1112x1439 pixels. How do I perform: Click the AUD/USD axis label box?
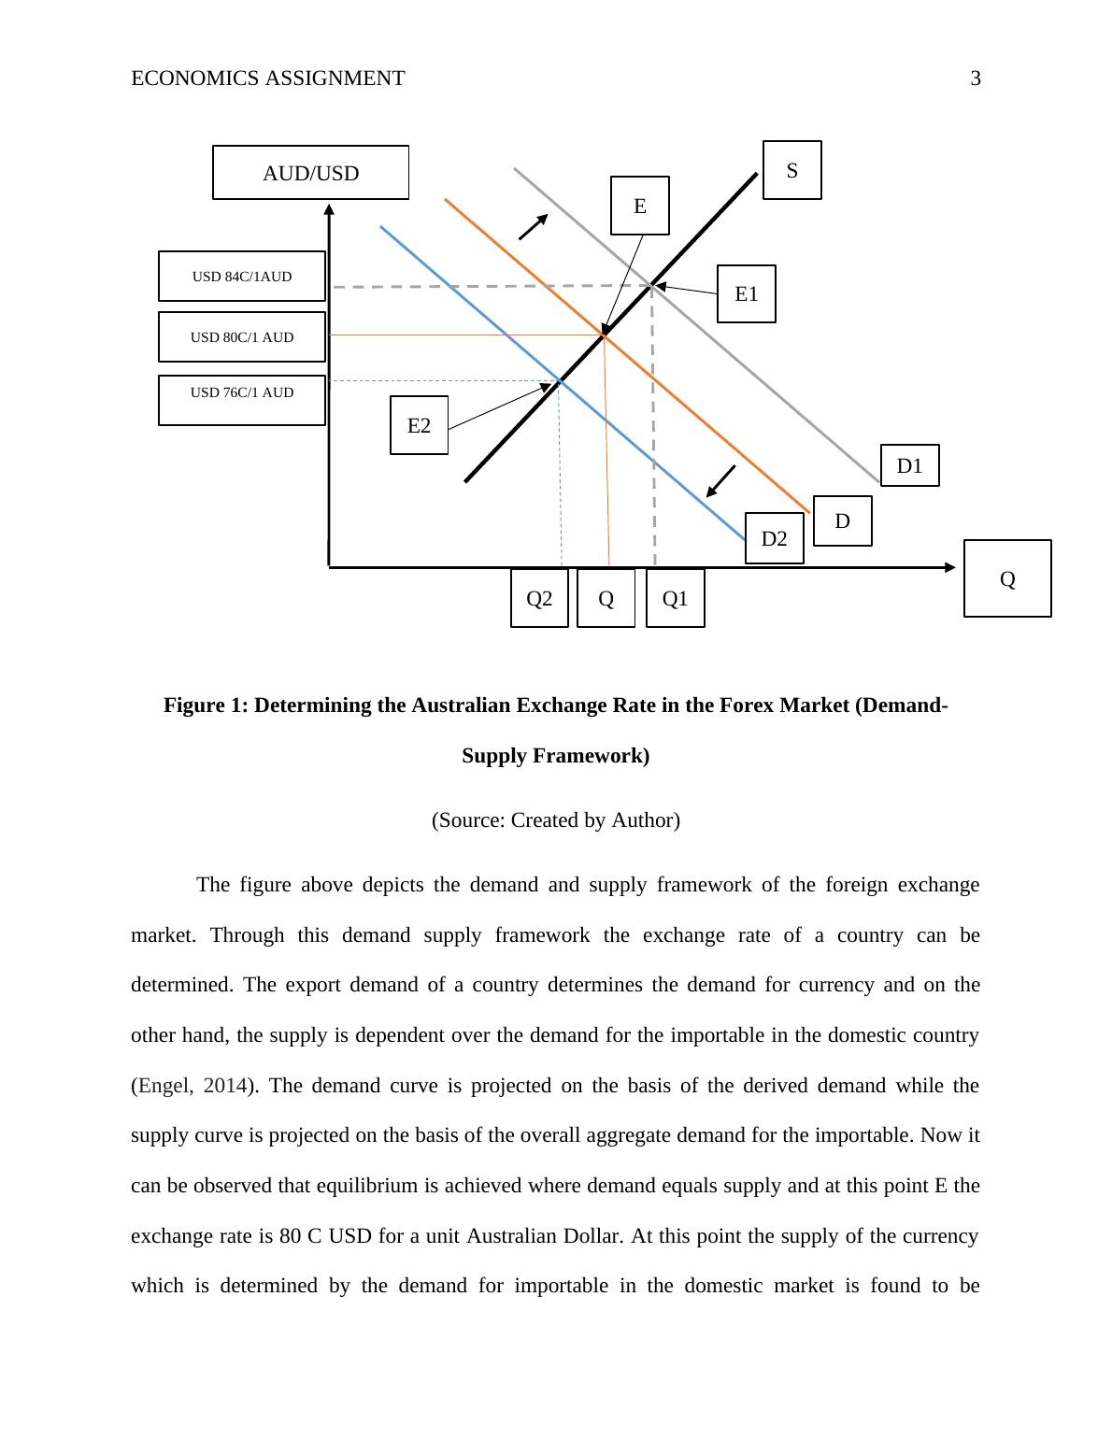tap(310, 173)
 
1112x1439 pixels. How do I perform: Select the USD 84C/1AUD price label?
tap(242, 277)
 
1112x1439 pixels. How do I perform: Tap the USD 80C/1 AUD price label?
tap(242, 337)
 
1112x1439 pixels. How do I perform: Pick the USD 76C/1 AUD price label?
tap(242, 393)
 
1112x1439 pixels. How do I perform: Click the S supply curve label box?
tap(791, 170)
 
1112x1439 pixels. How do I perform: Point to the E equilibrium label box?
tap(639, 206)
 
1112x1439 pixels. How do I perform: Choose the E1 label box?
tap(746, 294)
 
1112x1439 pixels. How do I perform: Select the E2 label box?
tap(419, 425)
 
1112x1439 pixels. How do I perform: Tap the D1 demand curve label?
tap(909, 465)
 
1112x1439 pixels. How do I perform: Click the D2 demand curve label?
tap(774, 538)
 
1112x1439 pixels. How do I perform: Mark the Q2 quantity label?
tap(539, 599)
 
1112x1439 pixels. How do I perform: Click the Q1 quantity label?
tap(675, 599)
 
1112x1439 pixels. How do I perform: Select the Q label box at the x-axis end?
tap(1006, 579)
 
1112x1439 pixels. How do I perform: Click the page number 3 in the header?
tap(976, 78)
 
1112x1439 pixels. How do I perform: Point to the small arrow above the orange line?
tap(533, 227)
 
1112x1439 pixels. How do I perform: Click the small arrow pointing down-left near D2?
tap(720, 481)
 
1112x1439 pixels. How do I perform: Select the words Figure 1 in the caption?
tap(204, 705)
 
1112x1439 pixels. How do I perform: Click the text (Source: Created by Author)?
tap(556, 820)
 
